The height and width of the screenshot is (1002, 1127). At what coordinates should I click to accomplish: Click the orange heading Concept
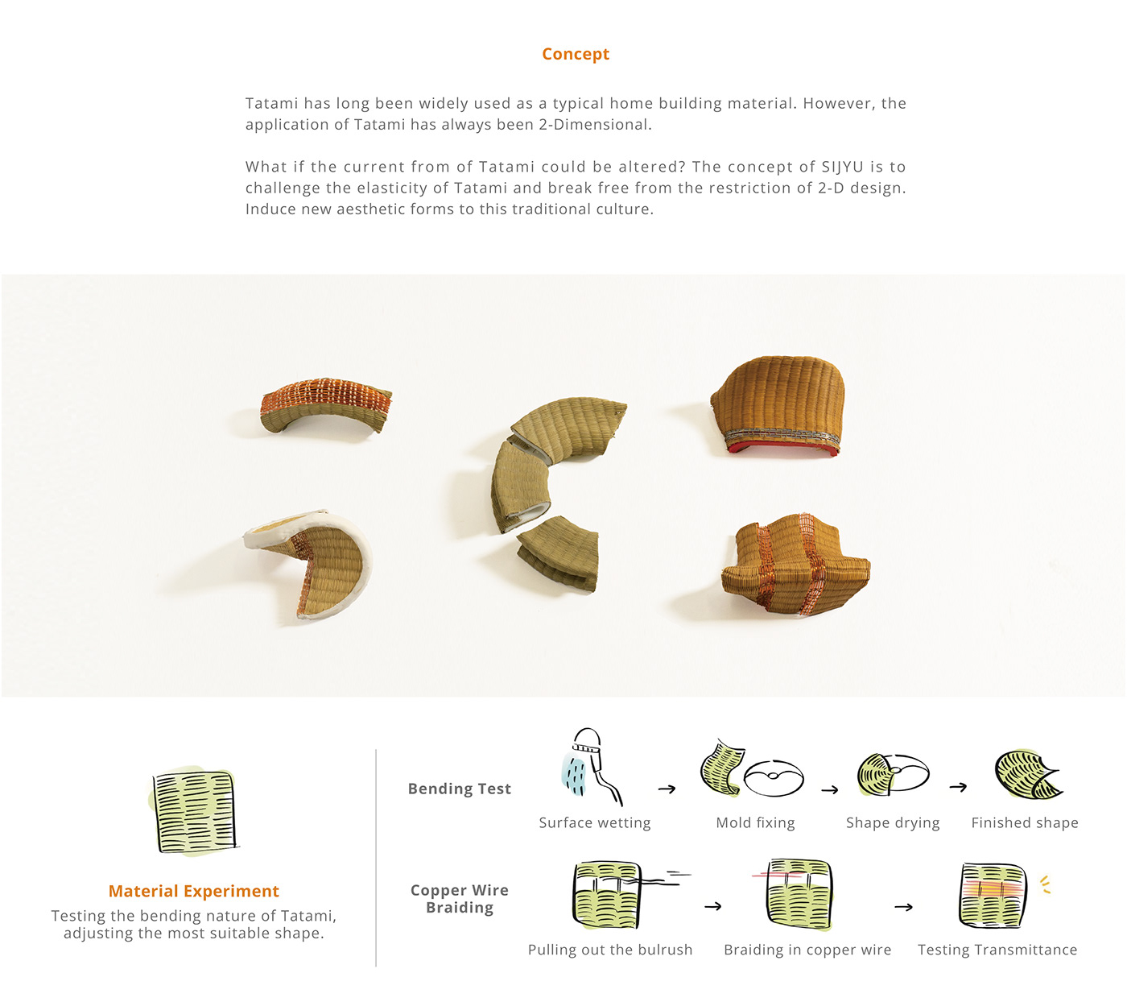[x=575, y=54]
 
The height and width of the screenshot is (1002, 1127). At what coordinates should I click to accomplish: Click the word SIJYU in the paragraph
[x=842, y=167]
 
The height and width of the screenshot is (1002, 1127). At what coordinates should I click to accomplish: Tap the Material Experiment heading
[x=193, y=891]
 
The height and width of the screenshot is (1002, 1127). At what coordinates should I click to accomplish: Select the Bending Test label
[x=459, y=789]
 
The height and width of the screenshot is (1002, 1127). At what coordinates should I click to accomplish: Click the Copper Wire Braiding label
[x=459, y=899]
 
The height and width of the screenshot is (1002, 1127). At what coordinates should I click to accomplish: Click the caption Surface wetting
[x=594, y=822]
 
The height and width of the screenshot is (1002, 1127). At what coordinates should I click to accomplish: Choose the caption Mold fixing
[x=755, y=822]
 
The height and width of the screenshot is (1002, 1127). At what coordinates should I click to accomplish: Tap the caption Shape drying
[x=892, y=822]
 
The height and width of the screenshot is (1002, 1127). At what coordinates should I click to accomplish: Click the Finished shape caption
[x=1024, y=822]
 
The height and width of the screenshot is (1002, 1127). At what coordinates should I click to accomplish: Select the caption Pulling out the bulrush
[x=609, y=950]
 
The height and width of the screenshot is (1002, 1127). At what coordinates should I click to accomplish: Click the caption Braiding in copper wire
[x=807, y=950]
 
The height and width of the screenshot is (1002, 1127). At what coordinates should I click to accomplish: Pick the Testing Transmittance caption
[x=997, y=950]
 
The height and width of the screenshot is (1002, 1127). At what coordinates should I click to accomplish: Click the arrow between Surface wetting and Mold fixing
[x=667, y=789]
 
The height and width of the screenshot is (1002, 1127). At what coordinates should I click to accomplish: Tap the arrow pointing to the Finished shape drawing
[x=958, y=787]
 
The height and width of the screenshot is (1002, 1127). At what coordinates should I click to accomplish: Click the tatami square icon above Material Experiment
[x=195, y=811]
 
